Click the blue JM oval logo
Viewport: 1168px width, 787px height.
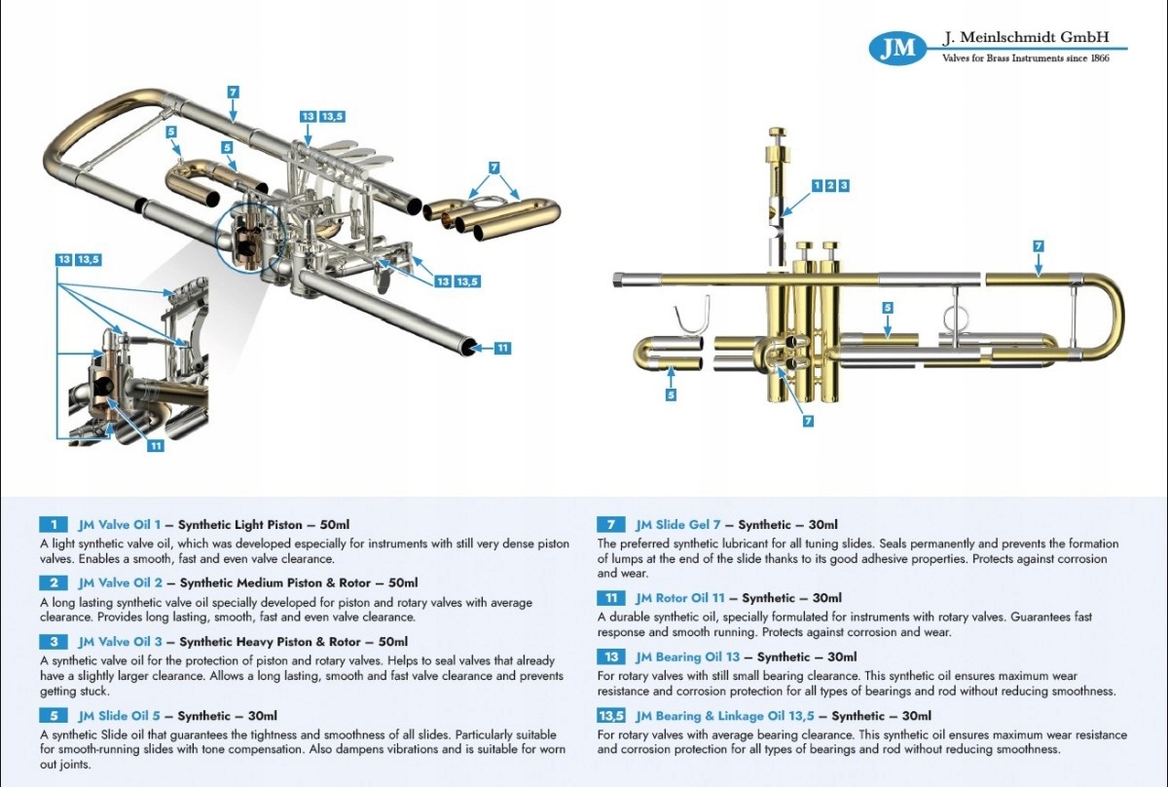pyautogui.click(x=896, y=48)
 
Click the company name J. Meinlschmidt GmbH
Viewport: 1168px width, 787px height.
pyautogui.click(x=1027, y=38)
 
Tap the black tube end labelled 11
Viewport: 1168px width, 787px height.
pyautogui.click(x=471, y=347)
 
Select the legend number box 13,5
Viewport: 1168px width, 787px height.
pyautogui.click(x=610, y=716)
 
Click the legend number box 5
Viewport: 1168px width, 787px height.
pyautogui.click(x=54, y=716)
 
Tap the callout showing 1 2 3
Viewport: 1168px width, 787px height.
pyautogui.click(x=830, y=185)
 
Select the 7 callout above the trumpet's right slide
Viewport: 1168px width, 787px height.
pyautogui.click(x=1039, y=245)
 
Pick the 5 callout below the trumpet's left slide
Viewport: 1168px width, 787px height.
pyautogui.click(x=671, y=394)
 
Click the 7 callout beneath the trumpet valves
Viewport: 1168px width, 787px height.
pyautogui.click(x=807, y=422)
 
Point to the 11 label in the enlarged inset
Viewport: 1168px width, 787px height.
pyautogui.click(x=155, y=446)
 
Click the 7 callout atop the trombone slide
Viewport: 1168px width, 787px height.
pyautogui.click(x=233, y=92)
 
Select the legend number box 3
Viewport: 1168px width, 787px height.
pyautogui.click(x=54, y=642)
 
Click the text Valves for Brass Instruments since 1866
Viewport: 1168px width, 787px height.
pyautogui.click(x=1026, y=58)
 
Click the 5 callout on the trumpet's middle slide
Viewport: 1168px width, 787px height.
pyautogui.click(x=887, y=308)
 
